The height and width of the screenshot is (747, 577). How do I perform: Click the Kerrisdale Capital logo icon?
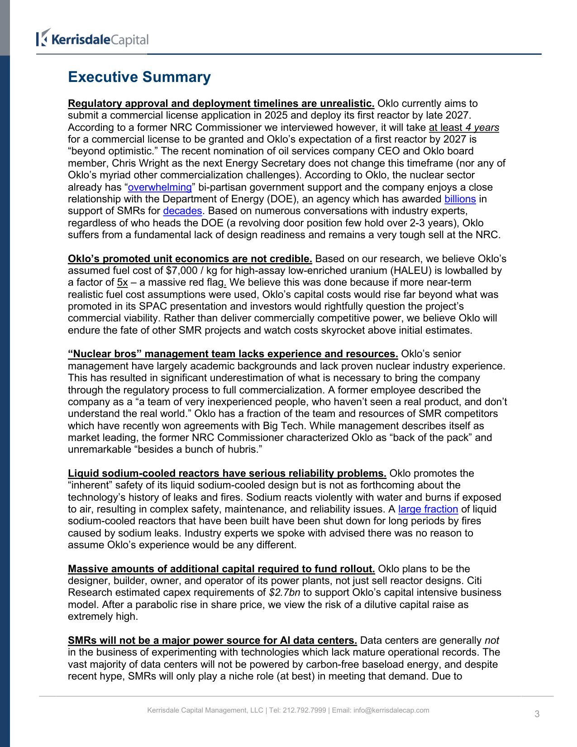[43, 38]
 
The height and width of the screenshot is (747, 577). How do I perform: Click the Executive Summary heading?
[139, 77]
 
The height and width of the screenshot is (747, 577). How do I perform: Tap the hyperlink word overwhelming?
[160, 187]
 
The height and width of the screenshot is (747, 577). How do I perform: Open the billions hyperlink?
[460, 199]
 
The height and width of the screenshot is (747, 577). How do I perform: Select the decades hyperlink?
[182, 211]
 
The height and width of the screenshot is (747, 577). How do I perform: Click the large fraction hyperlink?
[428, 509]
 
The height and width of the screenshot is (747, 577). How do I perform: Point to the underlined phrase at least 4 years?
[464, 128]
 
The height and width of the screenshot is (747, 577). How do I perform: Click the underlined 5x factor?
[122, 283]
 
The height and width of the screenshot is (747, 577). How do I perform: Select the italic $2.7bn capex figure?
[284, 593]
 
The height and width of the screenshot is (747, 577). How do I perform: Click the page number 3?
[537, 714]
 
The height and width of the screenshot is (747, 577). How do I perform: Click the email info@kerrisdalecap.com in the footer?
[391, 710]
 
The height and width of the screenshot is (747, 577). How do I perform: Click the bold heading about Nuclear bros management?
[233, 354]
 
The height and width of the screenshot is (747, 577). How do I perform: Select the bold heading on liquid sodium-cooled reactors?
[227, 474]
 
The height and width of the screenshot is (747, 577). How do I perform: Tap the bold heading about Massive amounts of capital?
[221, 569]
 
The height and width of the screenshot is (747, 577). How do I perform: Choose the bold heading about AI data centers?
[212, 641]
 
